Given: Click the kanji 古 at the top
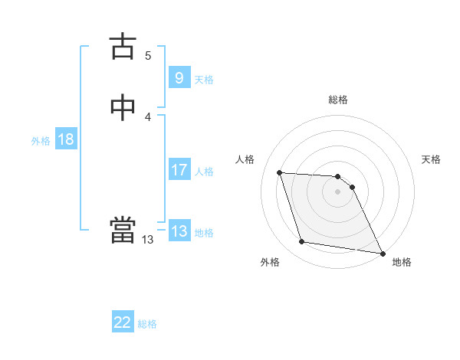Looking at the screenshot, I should [x=123, y=47].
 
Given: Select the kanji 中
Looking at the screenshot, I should [x=123, y=108].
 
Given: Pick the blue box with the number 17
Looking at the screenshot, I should [x=179, y=170].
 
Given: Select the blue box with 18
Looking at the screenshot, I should [x=65, y=139].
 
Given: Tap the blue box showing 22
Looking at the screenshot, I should [x=123, y=322].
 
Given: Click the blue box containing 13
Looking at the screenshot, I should [x=179, y=231].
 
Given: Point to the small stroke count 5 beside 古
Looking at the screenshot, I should [x=148, y=55].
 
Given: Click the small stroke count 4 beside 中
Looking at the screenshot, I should [x=148, y=116].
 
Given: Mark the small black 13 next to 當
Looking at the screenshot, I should [x=147, y=240].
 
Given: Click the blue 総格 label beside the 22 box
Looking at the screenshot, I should [x=147, y=324].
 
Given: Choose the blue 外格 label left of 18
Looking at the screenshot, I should [x=41, y=141].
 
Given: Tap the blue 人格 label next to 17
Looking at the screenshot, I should [x=204, y=172].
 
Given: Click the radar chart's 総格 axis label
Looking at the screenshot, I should [x=338, y=100].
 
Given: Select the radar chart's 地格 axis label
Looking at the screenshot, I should [x=402, y=262].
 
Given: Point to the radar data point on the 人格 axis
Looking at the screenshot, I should [x=280, y=173].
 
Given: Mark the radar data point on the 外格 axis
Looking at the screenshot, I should [x=302, y=242].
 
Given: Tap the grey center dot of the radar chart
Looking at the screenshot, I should [x=338, y=191].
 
